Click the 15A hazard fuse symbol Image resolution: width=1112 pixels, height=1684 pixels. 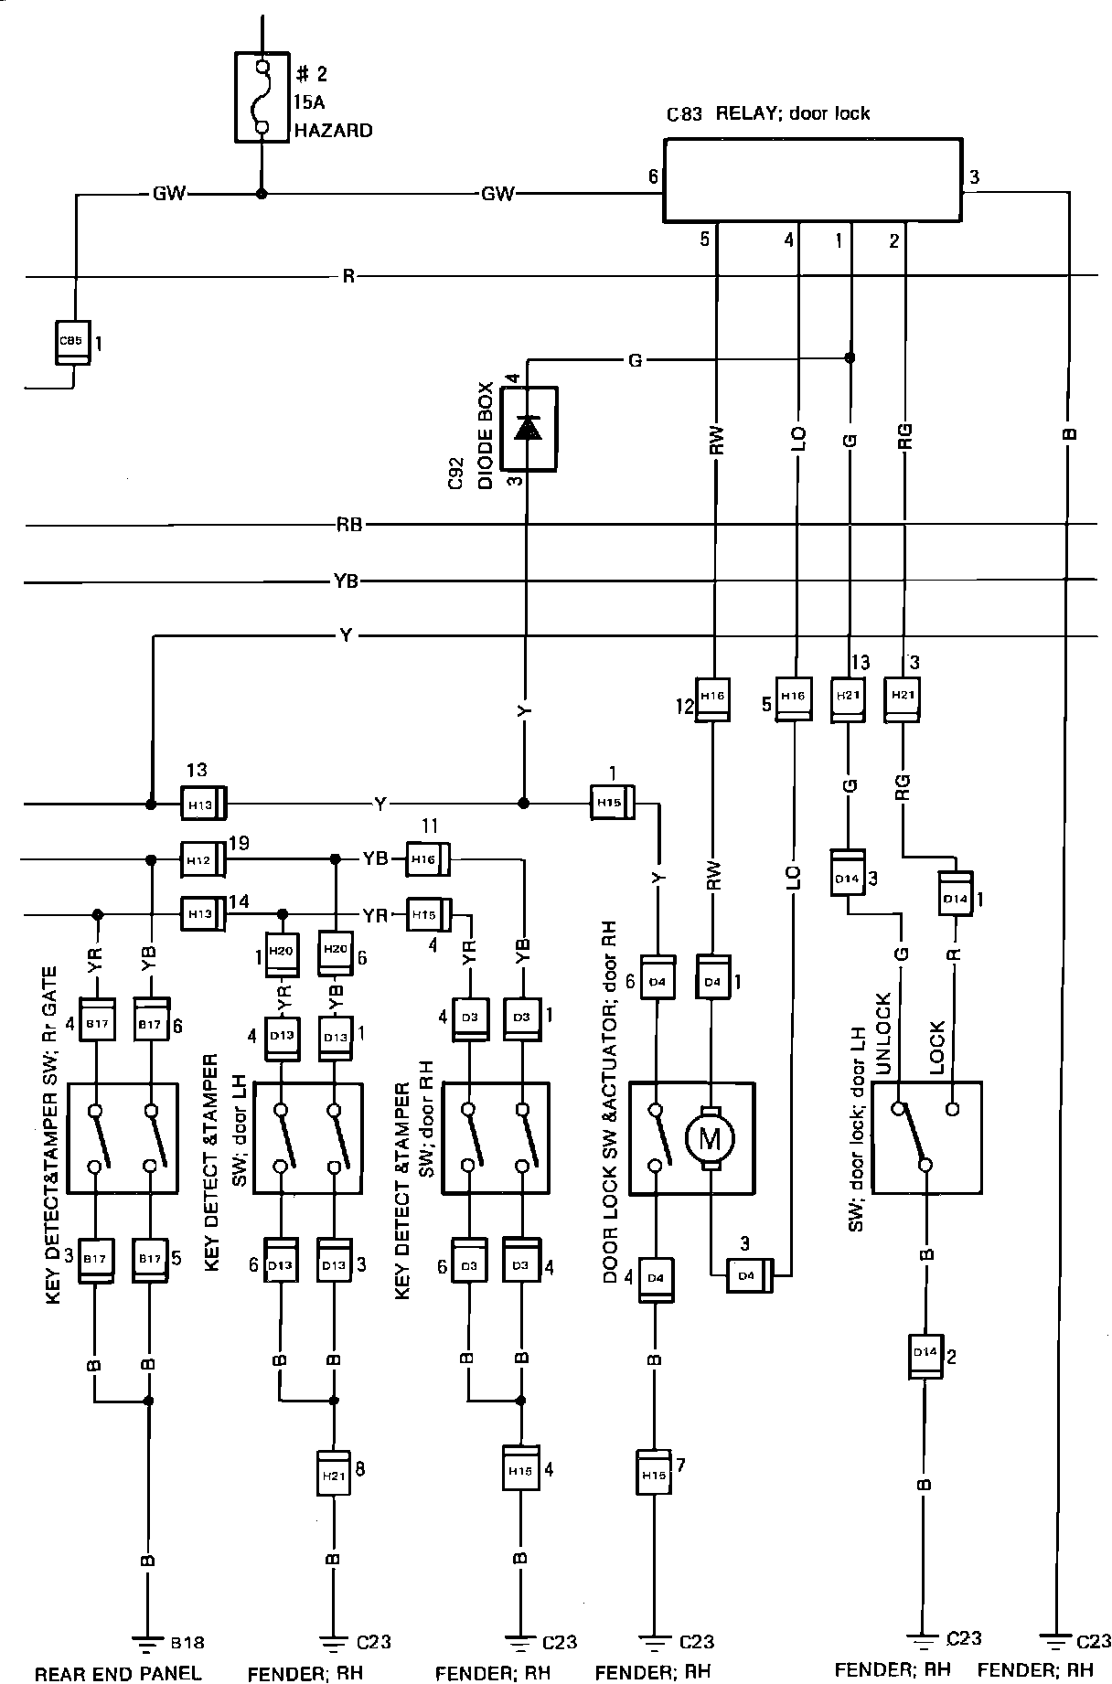pos(262,97)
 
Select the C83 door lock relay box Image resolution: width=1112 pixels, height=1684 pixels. pos(812,180)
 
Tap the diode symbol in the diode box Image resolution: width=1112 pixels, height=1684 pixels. pos(528,428)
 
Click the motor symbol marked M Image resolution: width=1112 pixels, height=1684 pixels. pos(710,1138)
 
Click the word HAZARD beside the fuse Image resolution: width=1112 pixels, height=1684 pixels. pos(333,131)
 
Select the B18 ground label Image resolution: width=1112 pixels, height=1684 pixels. pos(188,1642)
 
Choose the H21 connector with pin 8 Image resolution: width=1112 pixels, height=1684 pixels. pos(333,1472)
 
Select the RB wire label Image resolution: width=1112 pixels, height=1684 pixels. pos(348,525)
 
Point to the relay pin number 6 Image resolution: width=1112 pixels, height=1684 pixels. pos(653,176)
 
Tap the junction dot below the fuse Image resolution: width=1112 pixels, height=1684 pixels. pos(262,194)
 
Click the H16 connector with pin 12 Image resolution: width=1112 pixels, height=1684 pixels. pos(712,698)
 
